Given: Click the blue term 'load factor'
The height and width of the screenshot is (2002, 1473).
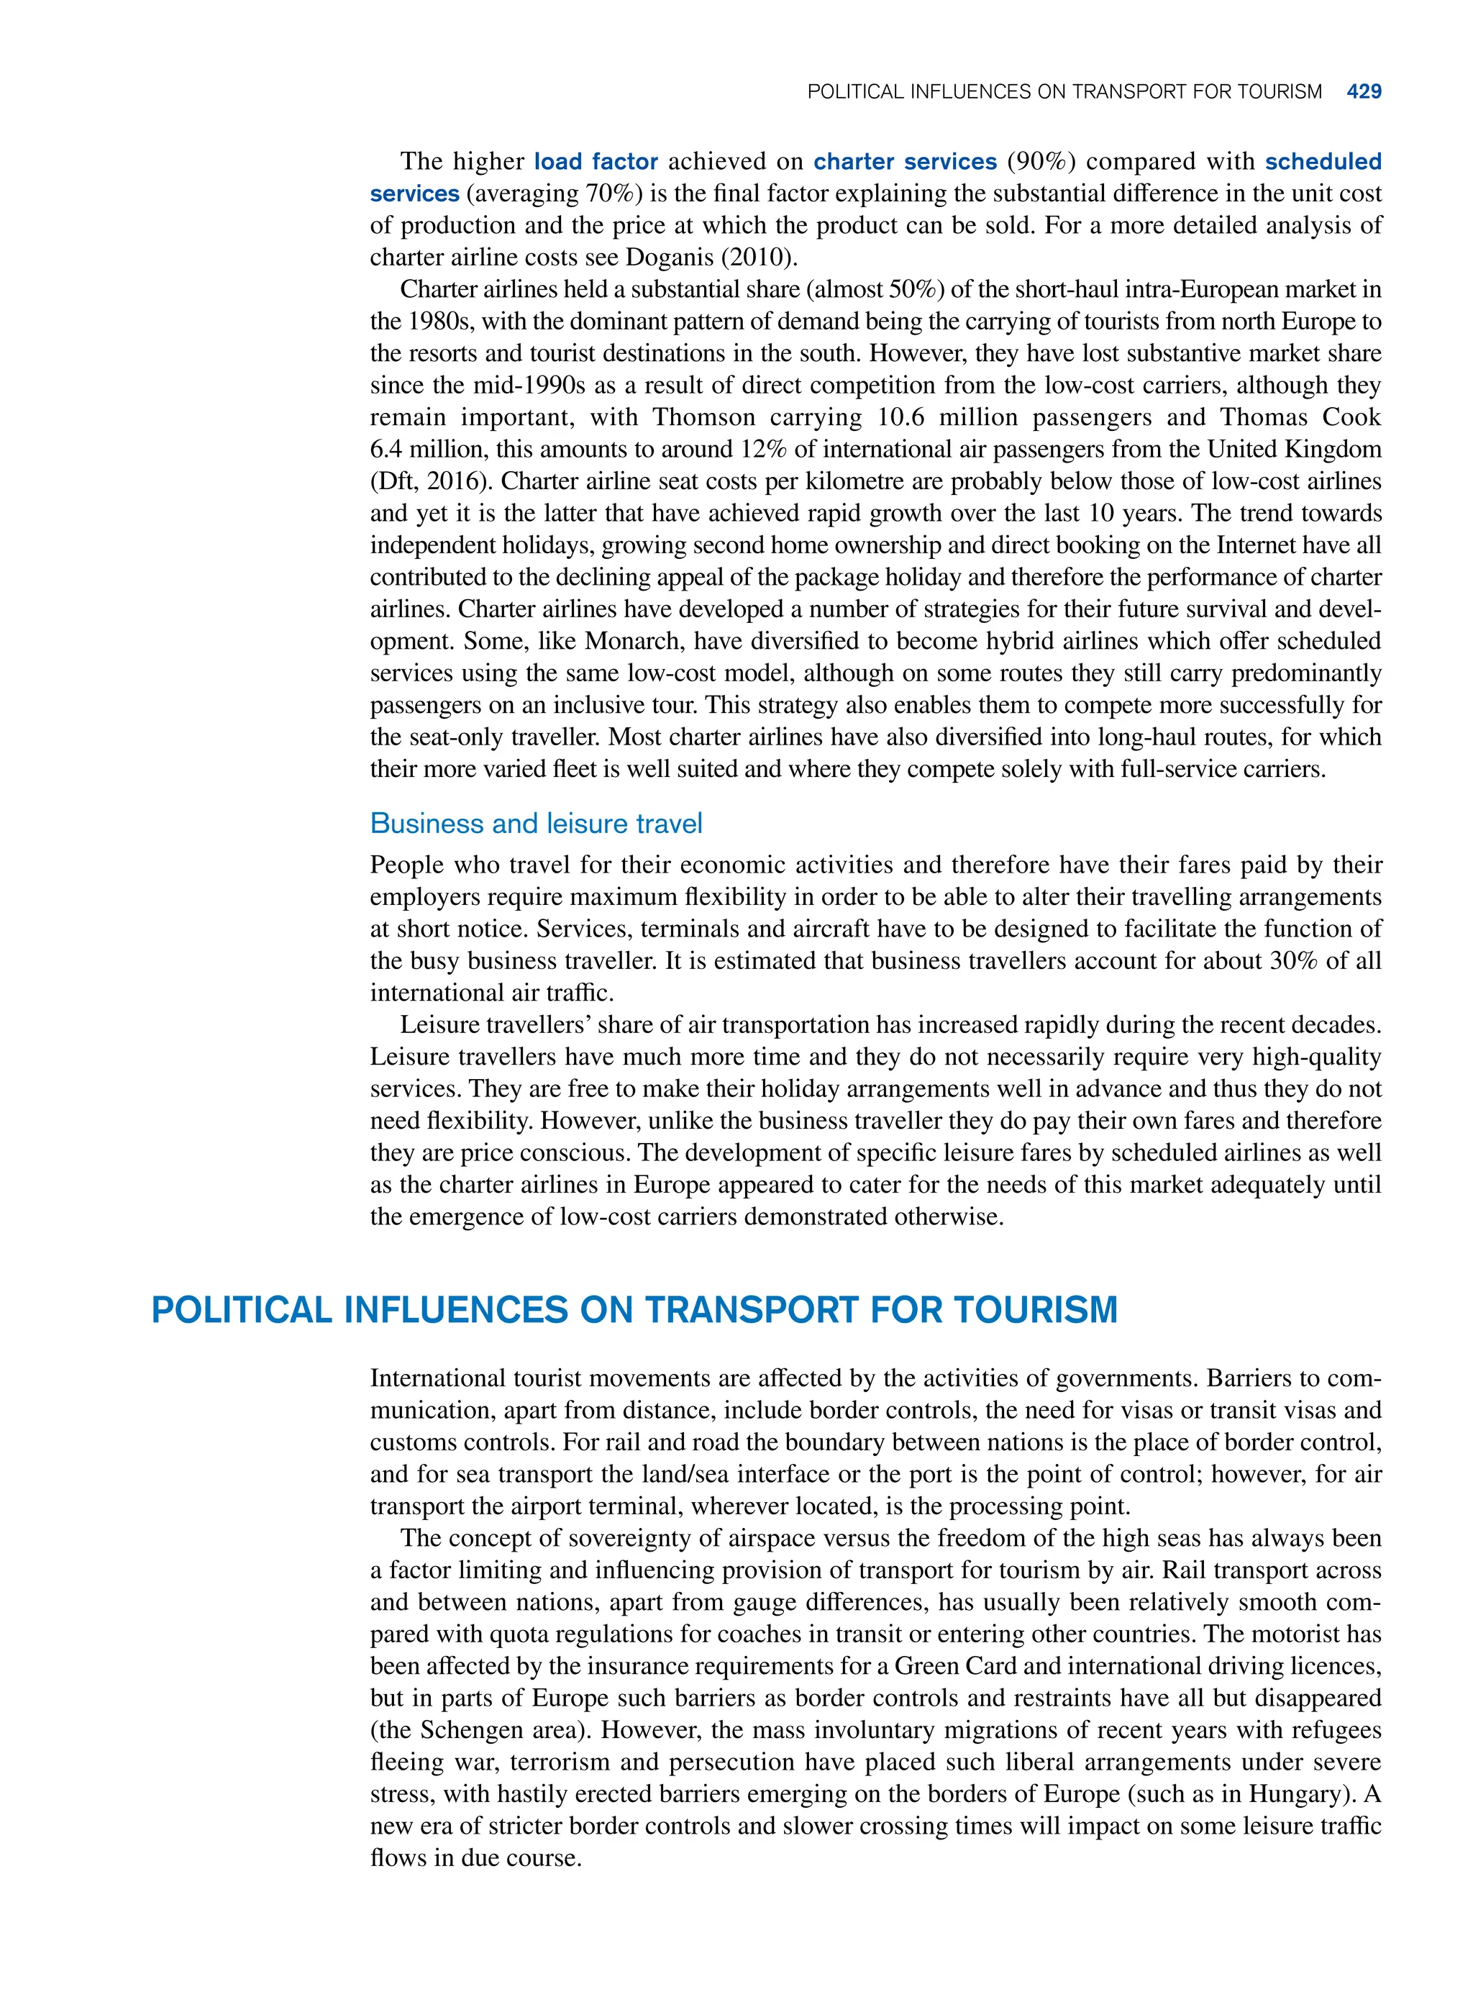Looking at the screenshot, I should tap(596, 161).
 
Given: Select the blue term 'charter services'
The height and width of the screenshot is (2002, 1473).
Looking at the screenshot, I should tap(904, 161).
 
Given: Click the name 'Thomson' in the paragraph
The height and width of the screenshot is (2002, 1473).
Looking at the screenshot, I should tap(703, 417).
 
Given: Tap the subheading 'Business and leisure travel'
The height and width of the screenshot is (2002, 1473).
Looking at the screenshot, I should tap(536, 823).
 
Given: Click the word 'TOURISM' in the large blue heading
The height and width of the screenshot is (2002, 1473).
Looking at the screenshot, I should tap(1034, 1310).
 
